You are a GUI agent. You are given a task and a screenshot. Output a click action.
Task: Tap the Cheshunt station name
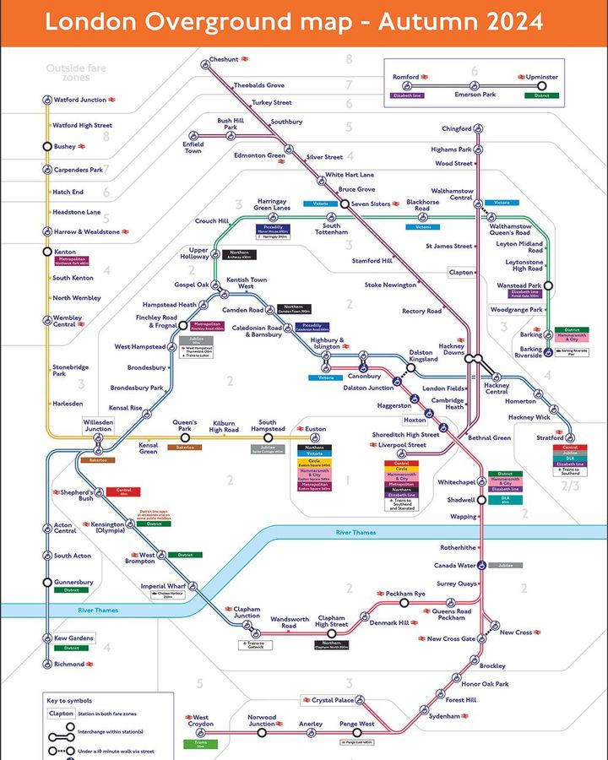[x=224, y=59]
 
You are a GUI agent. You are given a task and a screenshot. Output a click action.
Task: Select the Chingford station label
[x=456, y=128]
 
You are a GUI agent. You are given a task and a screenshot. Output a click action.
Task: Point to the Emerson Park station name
[x=475, y=95]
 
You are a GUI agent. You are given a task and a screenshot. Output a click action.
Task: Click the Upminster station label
[x=541, y=77]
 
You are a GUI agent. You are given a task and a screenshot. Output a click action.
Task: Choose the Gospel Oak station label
[x=191, y=285]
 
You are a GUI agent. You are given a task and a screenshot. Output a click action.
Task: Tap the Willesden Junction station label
[x=96, y=425]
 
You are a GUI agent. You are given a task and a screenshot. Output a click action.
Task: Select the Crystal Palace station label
[x=333, y=700]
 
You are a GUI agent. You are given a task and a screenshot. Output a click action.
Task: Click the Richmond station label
[x=69, y=664]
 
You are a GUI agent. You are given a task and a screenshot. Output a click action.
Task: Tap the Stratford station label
[x=551, y=438]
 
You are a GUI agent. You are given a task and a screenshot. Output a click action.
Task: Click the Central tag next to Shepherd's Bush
[x=123, y=491]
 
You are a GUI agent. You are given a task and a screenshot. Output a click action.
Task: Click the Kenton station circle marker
[x=47, y=252]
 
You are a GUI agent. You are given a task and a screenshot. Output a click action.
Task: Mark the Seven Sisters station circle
[x=344, y=204]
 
